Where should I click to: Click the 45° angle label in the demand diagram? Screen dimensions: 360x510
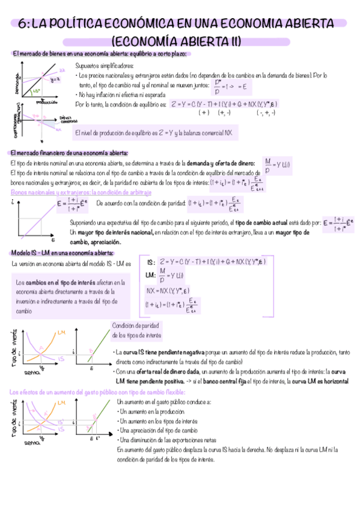pos(37,90)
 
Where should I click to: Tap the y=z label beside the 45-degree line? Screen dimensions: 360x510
pos(54,79)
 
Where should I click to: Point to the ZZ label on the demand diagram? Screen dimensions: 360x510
pos(61,71)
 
